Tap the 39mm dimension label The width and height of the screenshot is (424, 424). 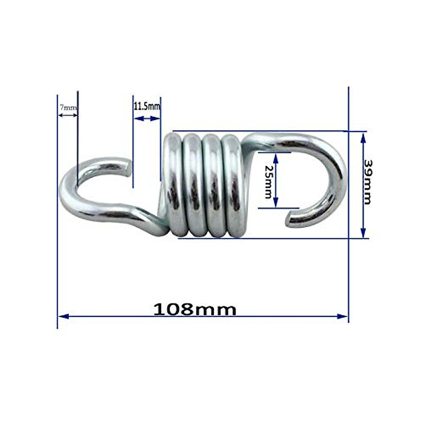pos(368,182)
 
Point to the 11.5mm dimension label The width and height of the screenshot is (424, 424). pos(147,106)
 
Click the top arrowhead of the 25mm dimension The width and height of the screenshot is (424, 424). pos(276,158)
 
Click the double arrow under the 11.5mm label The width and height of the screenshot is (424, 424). pos(147,119)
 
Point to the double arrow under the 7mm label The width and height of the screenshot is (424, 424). pos(67,115)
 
